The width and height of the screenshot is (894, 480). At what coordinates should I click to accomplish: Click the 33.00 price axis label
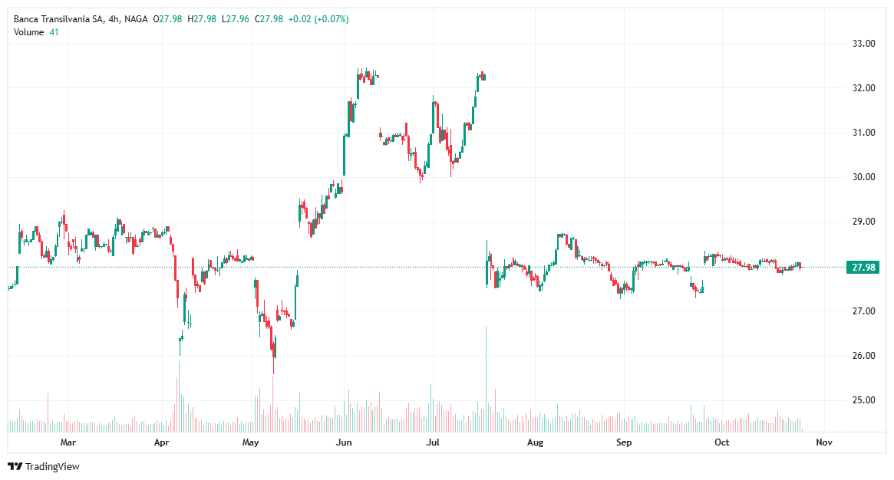tap(865, 44)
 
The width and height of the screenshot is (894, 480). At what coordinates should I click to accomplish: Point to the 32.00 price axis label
tap(865, 88)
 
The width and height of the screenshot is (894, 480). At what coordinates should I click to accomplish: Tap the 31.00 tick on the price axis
tap(865, 133)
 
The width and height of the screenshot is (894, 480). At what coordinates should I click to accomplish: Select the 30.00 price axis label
tap(865, 177)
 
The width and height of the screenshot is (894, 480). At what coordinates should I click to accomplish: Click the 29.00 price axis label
tap(865, 222)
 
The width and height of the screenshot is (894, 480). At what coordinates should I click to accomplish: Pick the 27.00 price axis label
tap(865, 311)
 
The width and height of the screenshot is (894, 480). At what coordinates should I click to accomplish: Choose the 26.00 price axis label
tap(865, 356)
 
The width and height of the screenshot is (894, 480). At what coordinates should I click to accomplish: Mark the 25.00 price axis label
tap(865, 400)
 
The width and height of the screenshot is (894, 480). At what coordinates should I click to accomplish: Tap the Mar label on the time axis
tap(68, 442)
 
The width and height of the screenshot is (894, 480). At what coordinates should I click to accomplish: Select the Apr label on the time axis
tap(161, 442)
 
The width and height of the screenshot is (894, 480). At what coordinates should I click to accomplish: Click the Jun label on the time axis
tap(344, 442)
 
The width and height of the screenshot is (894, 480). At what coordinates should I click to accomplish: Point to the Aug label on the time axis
tap(536, 442)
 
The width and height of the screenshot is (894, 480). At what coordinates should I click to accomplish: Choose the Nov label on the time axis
tap(824, 442)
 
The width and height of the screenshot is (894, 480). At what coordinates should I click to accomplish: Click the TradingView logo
tap(44, 466)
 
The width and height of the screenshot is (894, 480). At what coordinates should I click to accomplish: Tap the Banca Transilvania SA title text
tap(58, 18)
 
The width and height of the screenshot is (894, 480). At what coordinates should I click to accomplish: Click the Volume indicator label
tap(28, 31)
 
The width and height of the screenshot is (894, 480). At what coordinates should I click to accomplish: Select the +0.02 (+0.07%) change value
tap(318, 18)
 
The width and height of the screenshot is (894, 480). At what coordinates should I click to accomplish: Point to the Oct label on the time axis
tap(721, 442)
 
